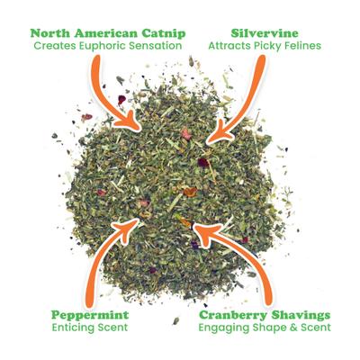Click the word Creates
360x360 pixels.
pyautogui.click(x=55, y=45)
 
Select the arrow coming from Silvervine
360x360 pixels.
pyautogui.click(x=243, y=99)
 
